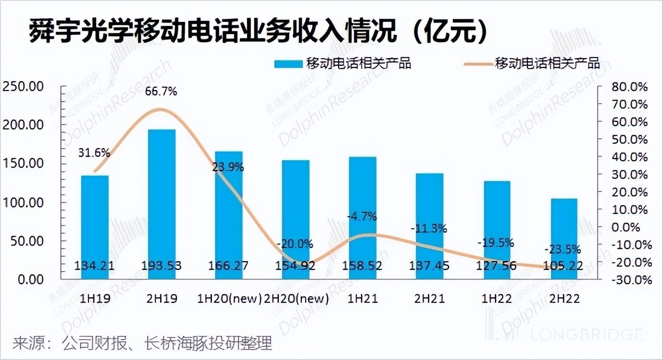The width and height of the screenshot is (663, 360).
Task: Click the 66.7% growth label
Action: click(161, 92)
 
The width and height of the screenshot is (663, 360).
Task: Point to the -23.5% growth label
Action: click(563, 249)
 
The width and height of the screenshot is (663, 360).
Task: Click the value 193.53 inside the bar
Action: click(161, 266)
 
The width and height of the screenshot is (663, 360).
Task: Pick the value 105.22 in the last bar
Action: click(564, 266)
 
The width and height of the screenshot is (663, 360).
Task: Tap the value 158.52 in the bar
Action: click(363, 266)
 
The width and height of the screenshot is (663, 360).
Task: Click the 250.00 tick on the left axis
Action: click(23, 87)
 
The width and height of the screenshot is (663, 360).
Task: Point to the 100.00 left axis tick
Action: click(23, 203)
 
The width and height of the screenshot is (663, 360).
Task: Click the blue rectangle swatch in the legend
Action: click(289, 63)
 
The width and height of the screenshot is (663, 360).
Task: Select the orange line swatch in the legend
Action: click(477, 63)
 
